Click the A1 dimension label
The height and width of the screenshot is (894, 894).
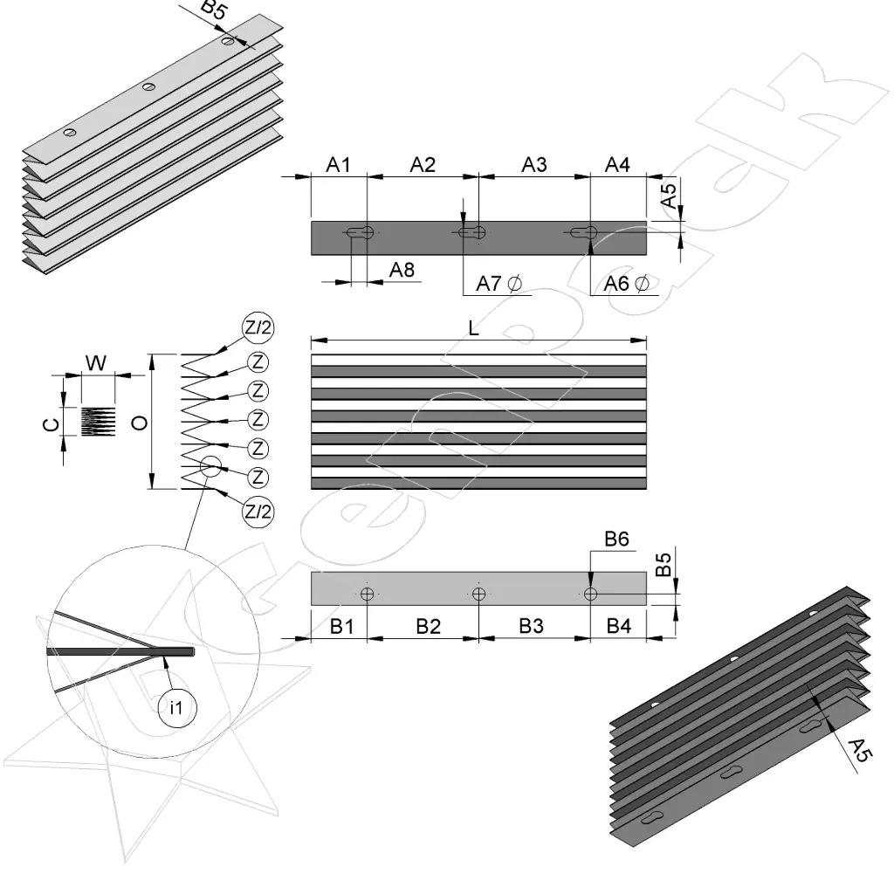point(339,164)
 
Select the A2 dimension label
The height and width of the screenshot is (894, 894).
point(423,164)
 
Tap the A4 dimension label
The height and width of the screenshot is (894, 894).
point(618,164)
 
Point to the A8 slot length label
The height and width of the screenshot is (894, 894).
point(402,270)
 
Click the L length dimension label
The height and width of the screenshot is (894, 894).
point(473,328)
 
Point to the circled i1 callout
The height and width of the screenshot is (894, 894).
point(175,707)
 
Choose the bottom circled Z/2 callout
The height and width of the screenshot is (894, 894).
point(258,511)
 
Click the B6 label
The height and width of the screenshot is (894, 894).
point(618,540)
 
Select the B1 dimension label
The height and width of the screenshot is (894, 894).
point(341,626)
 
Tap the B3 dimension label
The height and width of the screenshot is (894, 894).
point(532,626)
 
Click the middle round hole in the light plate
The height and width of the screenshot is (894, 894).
point(478,595)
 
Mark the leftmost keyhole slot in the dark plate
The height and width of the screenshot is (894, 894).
point(361,233)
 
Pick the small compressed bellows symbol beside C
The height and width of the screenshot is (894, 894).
point(98,422)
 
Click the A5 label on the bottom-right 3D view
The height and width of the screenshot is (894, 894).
point(860,750)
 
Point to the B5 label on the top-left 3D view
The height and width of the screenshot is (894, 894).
point(216,10)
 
